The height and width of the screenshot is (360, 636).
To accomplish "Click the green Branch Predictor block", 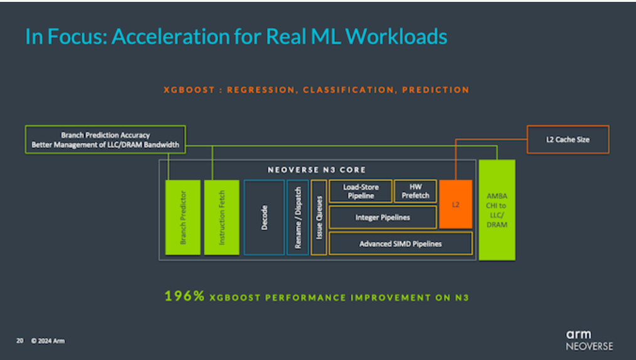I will click(183, 217).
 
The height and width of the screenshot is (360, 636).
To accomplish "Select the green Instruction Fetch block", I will click(221, 217).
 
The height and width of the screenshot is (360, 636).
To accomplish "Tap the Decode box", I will click(263, 217).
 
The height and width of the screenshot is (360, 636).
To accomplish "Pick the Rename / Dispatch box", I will click(298, 217).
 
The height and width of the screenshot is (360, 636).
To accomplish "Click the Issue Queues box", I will click(318, 217).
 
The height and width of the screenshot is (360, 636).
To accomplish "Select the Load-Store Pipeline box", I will click(360, 191).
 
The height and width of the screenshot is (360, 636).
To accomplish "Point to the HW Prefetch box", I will click(415, 191).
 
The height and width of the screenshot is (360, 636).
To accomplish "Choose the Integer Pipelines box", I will click(383, 218).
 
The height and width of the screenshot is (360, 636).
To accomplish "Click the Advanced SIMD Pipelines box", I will click(400, 243).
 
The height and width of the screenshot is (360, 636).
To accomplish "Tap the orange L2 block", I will click(455, 204).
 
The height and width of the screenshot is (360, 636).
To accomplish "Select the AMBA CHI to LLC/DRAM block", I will click(497, 210).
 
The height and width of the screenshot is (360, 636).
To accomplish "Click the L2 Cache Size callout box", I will click(567, 139).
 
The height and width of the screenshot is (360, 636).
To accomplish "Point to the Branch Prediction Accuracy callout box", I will click(105, 139).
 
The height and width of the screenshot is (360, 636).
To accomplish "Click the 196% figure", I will click(184, 296).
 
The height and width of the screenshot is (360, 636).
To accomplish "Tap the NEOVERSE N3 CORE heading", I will click(316, 170).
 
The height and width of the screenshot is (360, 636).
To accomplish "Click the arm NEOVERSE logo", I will click(589, 340).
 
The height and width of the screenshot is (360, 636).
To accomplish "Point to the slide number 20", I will click(19, 341).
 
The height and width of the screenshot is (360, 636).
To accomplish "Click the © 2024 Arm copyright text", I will click(48, 341).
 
